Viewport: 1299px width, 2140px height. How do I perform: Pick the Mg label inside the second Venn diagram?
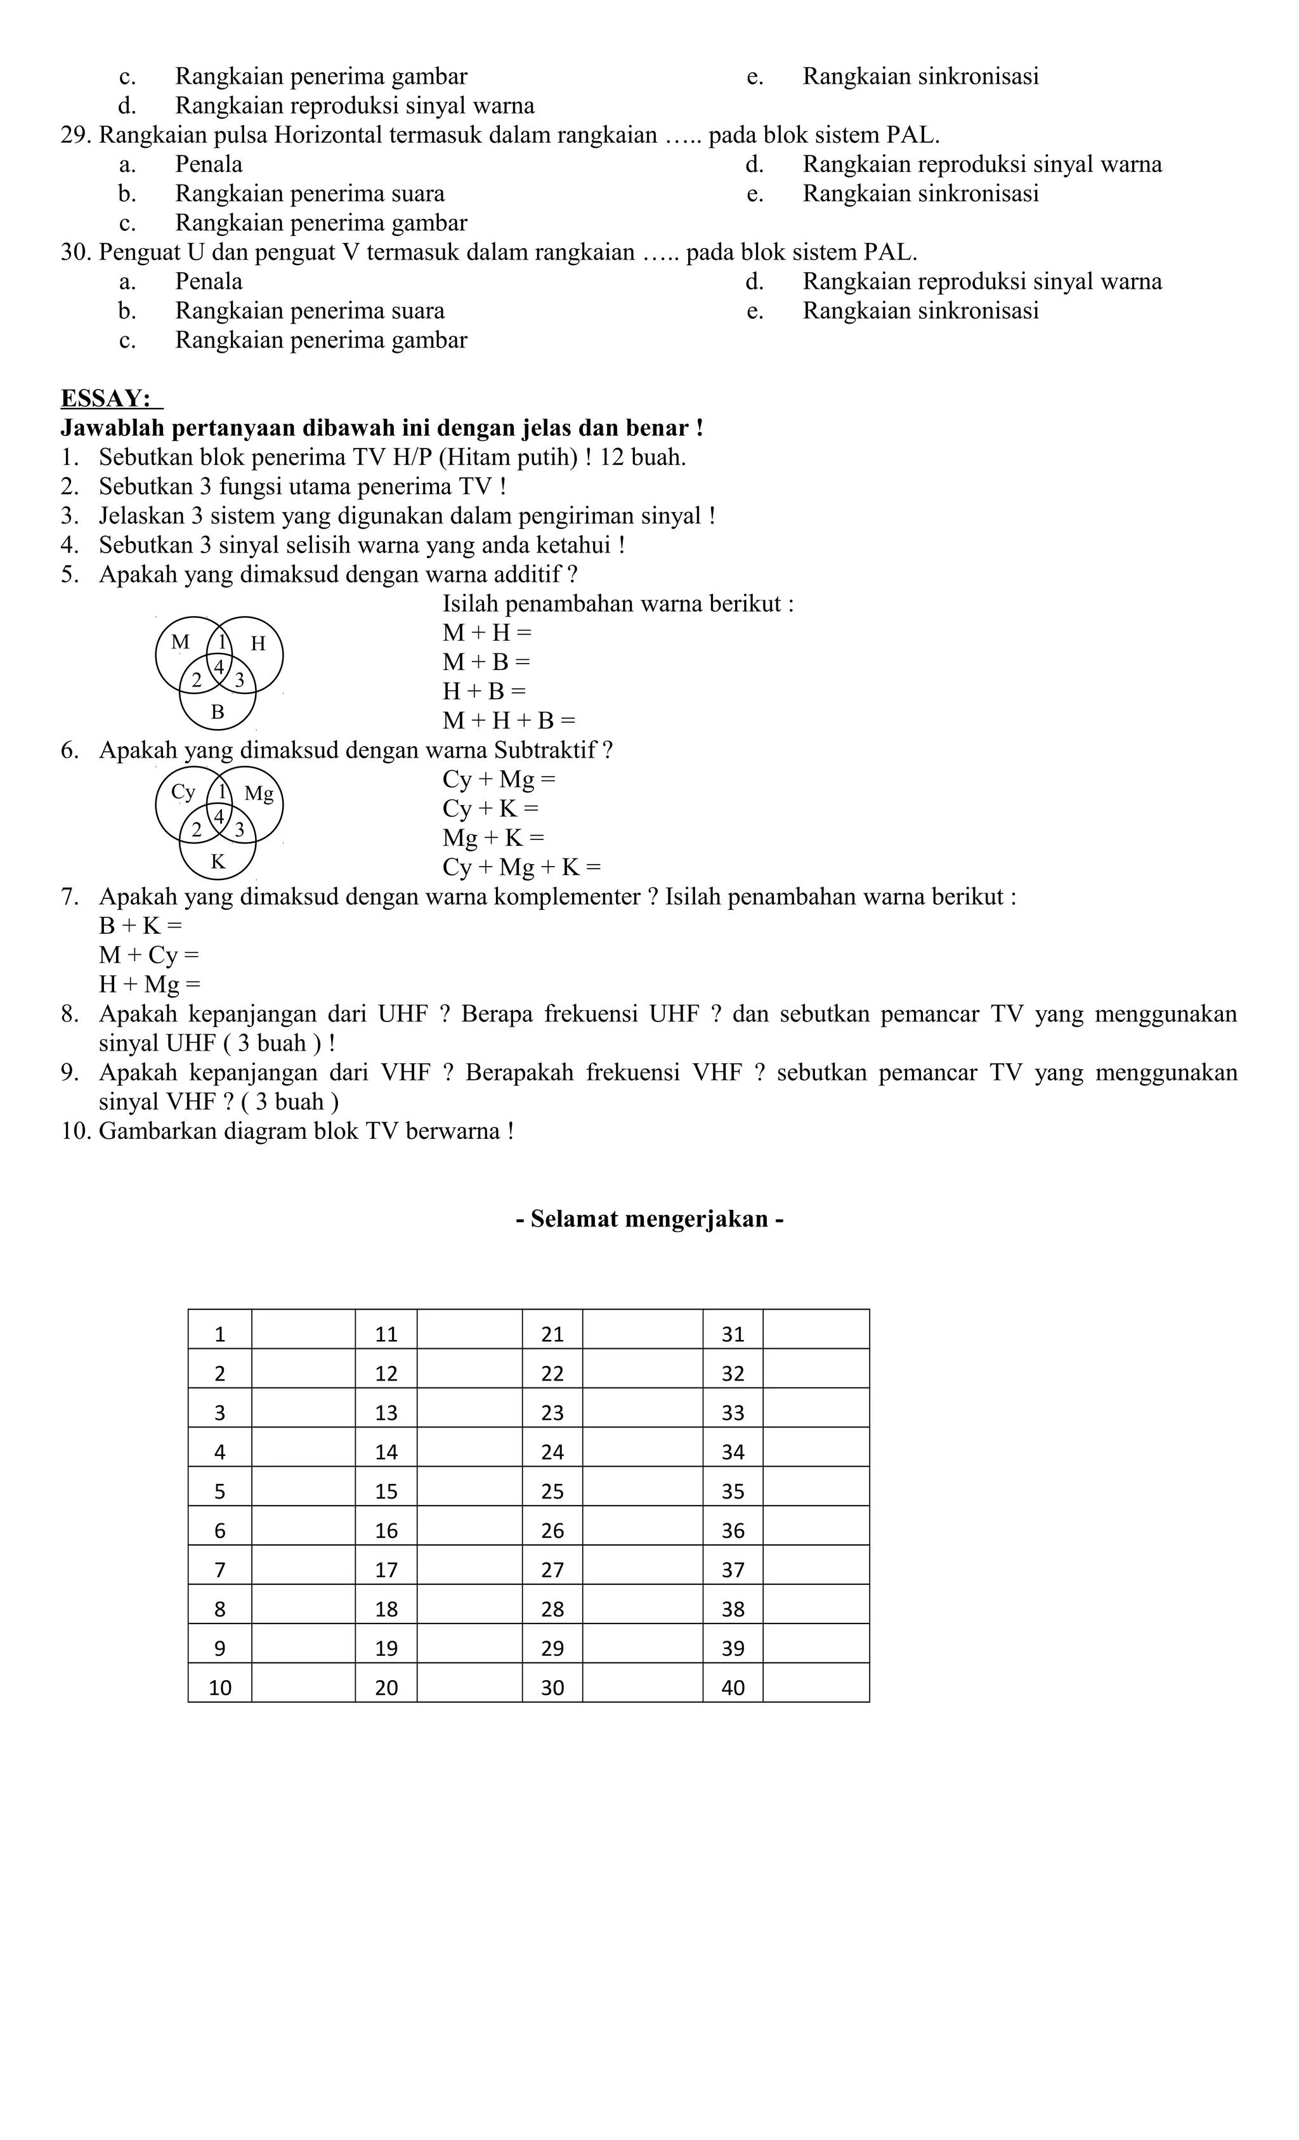[259, 793]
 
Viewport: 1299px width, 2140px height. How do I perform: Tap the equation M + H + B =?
[508, 721]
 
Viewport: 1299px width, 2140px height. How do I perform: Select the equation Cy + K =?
[490, 808]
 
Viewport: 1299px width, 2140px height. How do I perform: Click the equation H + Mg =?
[149, 984]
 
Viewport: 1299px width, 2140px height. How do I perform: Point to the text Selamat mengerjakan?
[649, 1219]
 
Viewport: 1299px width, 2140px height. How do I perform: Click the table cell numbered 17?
[386, 1570]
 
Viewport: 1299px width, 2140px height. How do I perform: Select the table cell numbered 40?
[733, 1688]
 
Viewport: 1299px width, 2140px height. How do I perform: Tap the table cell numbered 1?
[219, 1335]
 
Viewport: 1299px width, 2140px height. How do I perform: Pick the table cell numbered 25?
[552, 1491]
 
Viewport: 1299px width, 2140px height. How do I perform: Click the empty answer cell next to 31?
[815, 1334]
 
